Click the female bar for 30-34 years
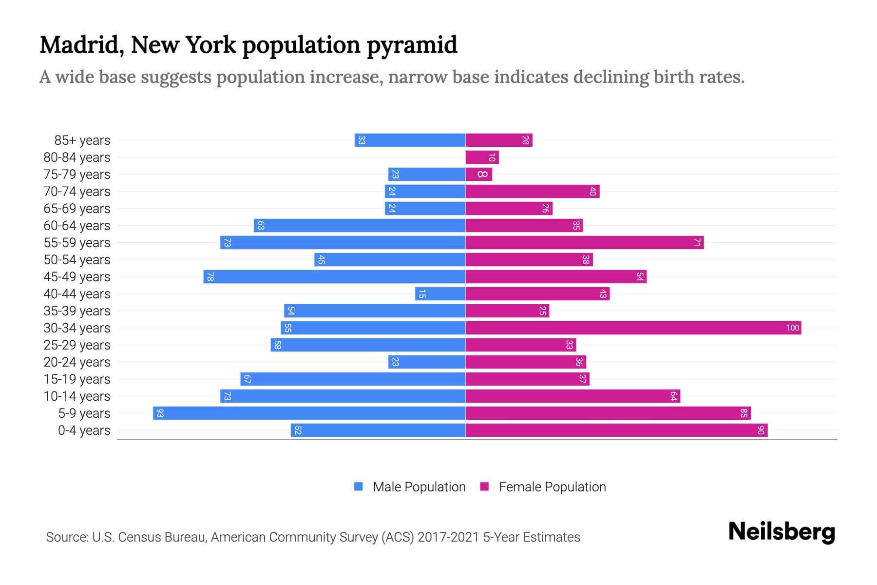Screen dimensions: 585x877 point(633,328)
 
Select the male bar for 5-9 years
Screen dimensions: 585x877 point(309,413)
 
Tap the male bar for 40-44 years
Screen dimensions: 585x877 point(440,293)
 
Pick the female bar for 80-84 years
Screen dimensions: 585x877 point(482,157)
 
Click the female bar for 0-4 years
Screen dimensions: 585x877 point(616,430)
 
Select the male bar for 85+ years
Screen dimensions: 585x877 point(410,140)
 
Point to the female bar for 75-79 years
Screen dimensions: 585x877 point(478,174)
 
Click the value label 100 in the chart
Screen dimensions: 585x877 point(792,328)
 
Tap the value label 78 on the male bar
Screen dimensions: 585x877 point(210,276)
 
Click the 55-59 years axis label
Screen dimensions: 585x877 point(77,242)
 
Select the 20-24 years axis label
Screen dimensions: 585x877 point(77,362)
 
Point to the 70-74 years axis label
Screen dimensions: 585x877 point(77,191)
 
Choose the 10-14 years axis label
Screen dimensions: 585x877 point(77,396)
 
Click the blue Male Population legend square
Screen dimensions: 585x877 point(359,487)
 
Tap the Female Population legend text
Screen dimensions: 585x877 point(552,487)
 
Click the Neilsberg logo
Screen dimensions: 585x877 point(782,531)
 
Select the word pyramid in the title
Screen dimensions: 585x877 point(412,45)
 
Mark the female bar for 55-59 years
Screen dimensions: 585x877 point(585,242)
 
